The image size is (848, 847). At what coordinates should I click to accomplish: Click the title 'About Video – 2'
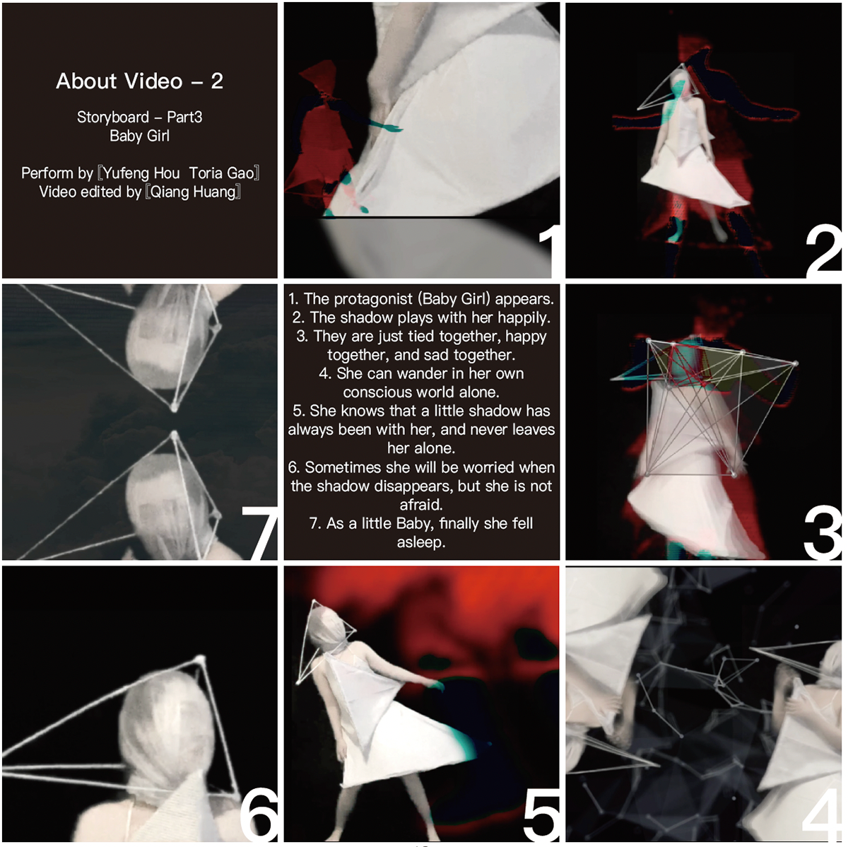(x=139, y=81)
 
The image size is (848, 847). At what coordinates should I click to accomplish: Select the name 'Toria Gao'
(x=221, y=173)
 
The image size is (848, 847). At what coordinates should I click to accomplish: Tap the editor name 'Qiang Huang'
(x=193, y=192)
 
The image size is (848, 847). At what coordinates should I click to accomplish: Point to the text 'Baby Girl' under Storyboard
(x=139, y=136)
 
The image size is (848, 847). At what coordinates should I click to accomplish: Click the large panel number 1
(x=549, y=251)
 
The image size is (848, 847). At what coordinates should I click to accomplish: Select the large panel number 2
(x=823, y=251)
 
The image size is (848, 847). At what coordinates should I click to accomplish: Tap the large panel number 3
(x=823, y=533)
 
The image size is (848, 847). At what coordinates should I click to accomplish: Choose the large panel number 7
(x=259, y=533)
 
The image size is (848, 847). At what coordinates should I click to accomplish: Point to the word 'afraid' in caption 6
(x=420, y=504)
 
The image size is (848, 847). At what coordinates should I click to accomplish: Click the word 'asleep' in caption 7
(x=420, y=542)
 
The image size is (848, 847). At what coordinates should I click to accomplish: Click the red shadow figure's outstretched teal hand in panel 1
(x=387, y=127)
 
